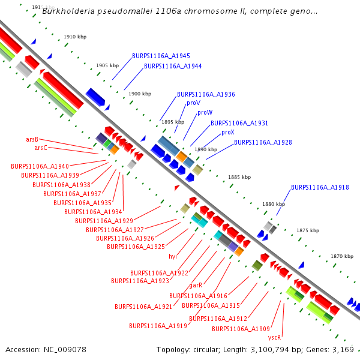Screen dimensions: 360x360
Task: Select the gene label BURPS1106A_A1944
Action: [173, 66]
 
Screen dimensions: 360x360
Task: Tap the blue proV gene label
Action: [193, 103]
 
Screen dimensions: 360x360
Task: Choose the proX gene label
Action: [228, 133]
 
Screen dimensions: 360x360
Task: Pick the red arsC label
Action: [40, 148]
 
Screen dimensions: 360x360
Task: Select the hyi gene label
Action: [173, 256]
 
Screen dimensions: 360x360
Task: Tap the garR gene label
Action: [196, 286]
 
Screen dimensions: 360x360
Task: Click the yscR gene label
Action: [275, 338]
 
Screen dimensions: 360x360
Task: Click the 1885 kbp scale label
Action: [239, 178]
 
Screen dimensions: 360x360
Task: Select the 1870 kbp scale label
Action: [341, 257]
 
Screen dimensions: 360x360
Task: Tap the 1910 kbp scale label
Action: [75, 37]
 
